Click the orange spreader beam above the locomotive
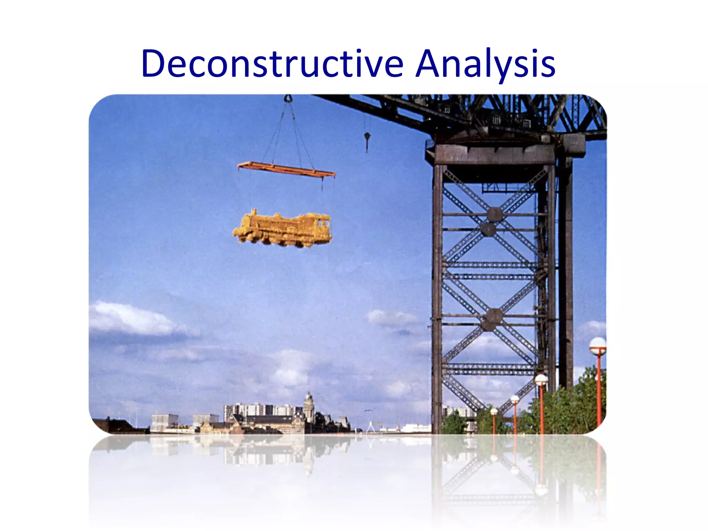tap(286, 169)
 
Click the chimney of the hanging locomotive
tap(254, 212)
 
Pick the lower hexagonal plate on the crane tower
tap(494, 316)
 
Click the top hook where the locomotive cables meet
tap(288, 99)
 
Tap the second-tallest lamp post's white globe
tap(541, 380)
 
